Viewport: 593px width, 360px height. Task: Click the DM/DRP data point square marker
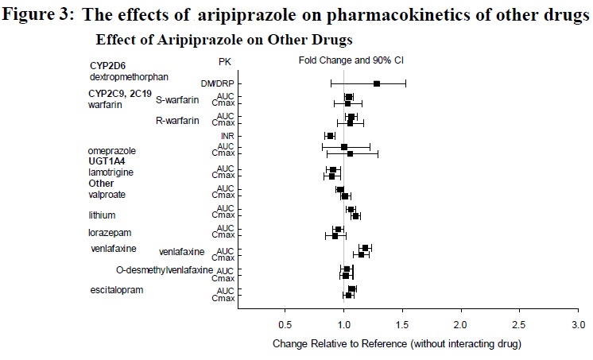pyautogui.click(x=377, y=83)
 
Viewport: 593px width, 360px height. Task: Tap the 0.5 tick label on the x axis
pyautogui.click(x=285, y=325)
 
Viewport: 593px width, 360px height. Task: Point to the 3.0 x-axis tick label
pyautogui.click(x=578, y=325)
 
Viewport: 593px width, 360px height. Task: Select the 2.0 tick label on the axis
pyautogui.click(x=461, y=325)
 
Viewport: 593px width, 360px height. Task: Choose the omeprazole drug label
pyautogui.click(x=112, y=150)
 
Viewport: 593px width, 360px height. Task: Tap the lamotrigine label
pyautogui.click(x=111, y=172)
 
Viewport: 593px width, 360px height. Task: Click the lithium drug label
pyautogui.click(x=103, y=215)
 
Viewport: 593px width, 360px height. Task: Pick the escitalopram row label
pyautogui.click(x=117, y=289)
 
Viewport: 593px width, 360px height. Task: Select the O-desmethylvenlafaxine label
pyautogui.click(x=165, y=270)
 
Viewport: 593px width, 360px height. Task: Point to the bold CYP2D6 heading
pyautogui.click(x=108, y=66)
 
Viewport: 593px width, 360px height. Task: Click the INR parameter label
pyautogui.click(x=227, y=136)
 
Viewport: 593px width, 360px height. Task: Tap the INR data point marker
pyautogui.click(x=330, y=136)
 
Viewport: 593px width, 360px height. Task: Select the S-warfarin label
pyautogui.click(x=177, y=99)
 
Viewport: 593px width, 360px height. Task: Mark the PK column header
pyautogui.click(x=225, y=61)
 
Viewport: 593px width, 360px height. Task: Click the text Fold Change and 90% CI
pyautogui.click(x=345, y=60)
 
